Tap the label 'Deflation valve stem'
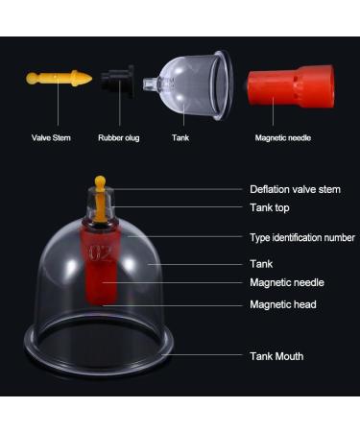(x=293, y=190)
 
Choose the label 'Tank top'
(x=269, y=207)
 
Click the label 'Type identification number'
(x=301, y=237)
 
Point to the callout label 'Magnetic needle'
(x=286, y=282)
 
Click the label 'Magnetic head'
(x=282, y=304)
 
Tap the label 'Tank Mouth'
(x=276, y=356)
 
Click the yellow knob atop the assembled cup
(x=101, y=182)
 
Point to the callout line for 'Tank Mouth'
(x=211, y=356)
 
